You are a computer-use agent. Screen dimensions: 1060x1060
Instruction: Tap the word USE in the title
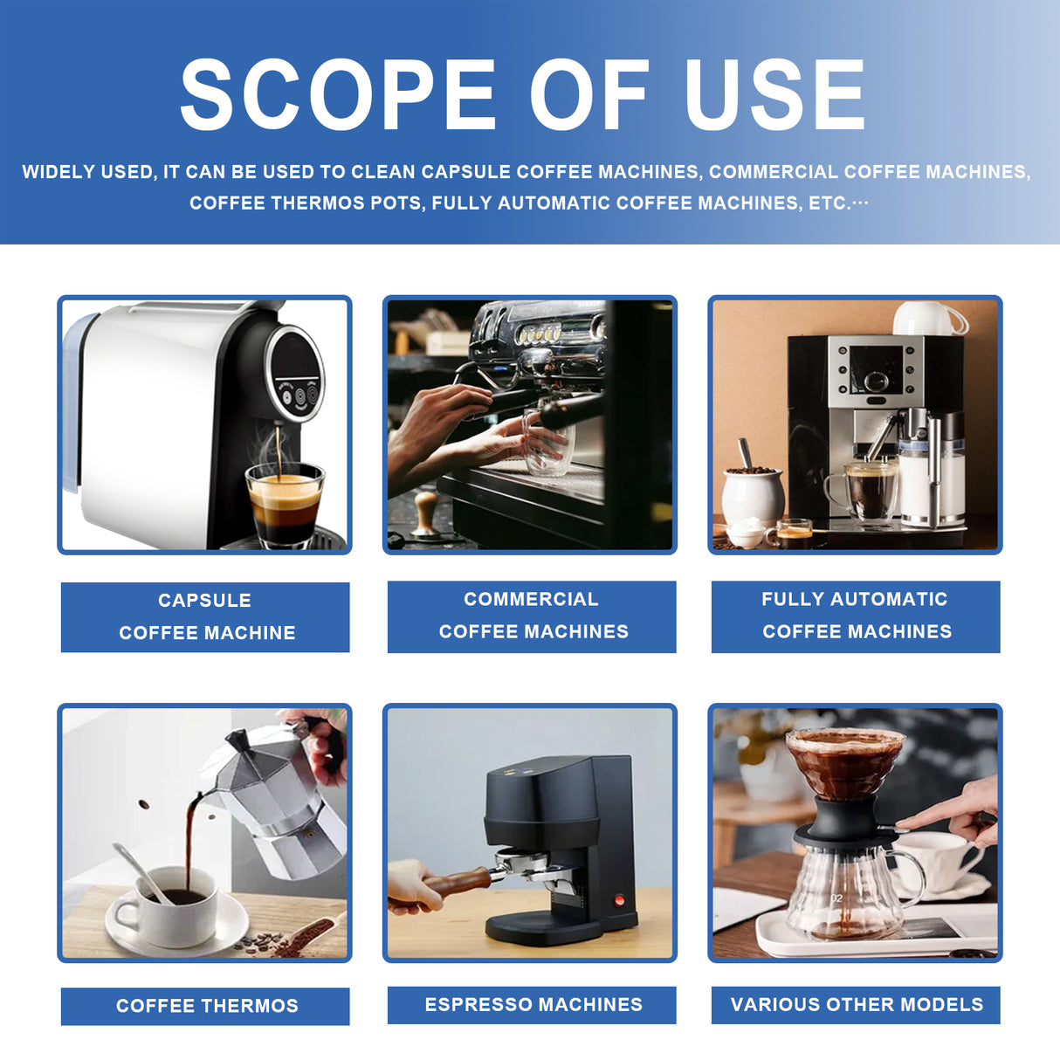[x=774, y=95]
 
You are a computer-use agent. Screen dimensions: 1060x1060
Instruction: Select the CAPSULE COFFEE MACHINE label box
[x=205, y=616]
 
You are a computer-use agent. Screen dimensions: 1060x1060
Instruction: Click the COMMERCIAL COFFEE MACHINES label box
[x=532, y=616]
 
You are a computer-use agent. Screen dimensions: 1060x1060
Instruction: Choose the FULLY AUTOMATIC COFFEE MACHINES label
[x=856, y=616]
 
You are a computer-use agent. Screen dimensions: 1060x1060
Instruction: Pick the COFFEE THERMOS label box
[x=205, y=1006]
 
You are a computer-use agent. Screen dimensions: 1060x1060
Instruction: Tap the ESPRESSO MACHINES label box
[x=532, y=1004]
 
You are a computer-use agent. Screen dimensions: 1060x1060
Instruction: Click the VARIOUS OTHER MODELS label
[x=856, y=1004]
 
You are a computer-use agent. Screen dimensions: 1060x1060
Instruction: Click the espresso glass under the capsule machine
[x=285, y=504]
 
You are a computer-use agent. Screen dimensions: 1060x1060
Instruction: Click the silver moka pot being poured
[x=279, y=803]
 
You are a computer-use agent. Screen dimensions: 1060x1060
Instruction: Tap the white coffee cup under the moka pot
[x=175, y=908]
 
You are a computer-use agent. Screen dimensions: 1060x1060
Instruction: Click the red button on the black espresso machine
[x=620, y=900]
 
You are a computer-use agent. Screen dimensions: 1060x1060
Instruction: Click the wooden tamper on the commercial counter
[x=425, y=515]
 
